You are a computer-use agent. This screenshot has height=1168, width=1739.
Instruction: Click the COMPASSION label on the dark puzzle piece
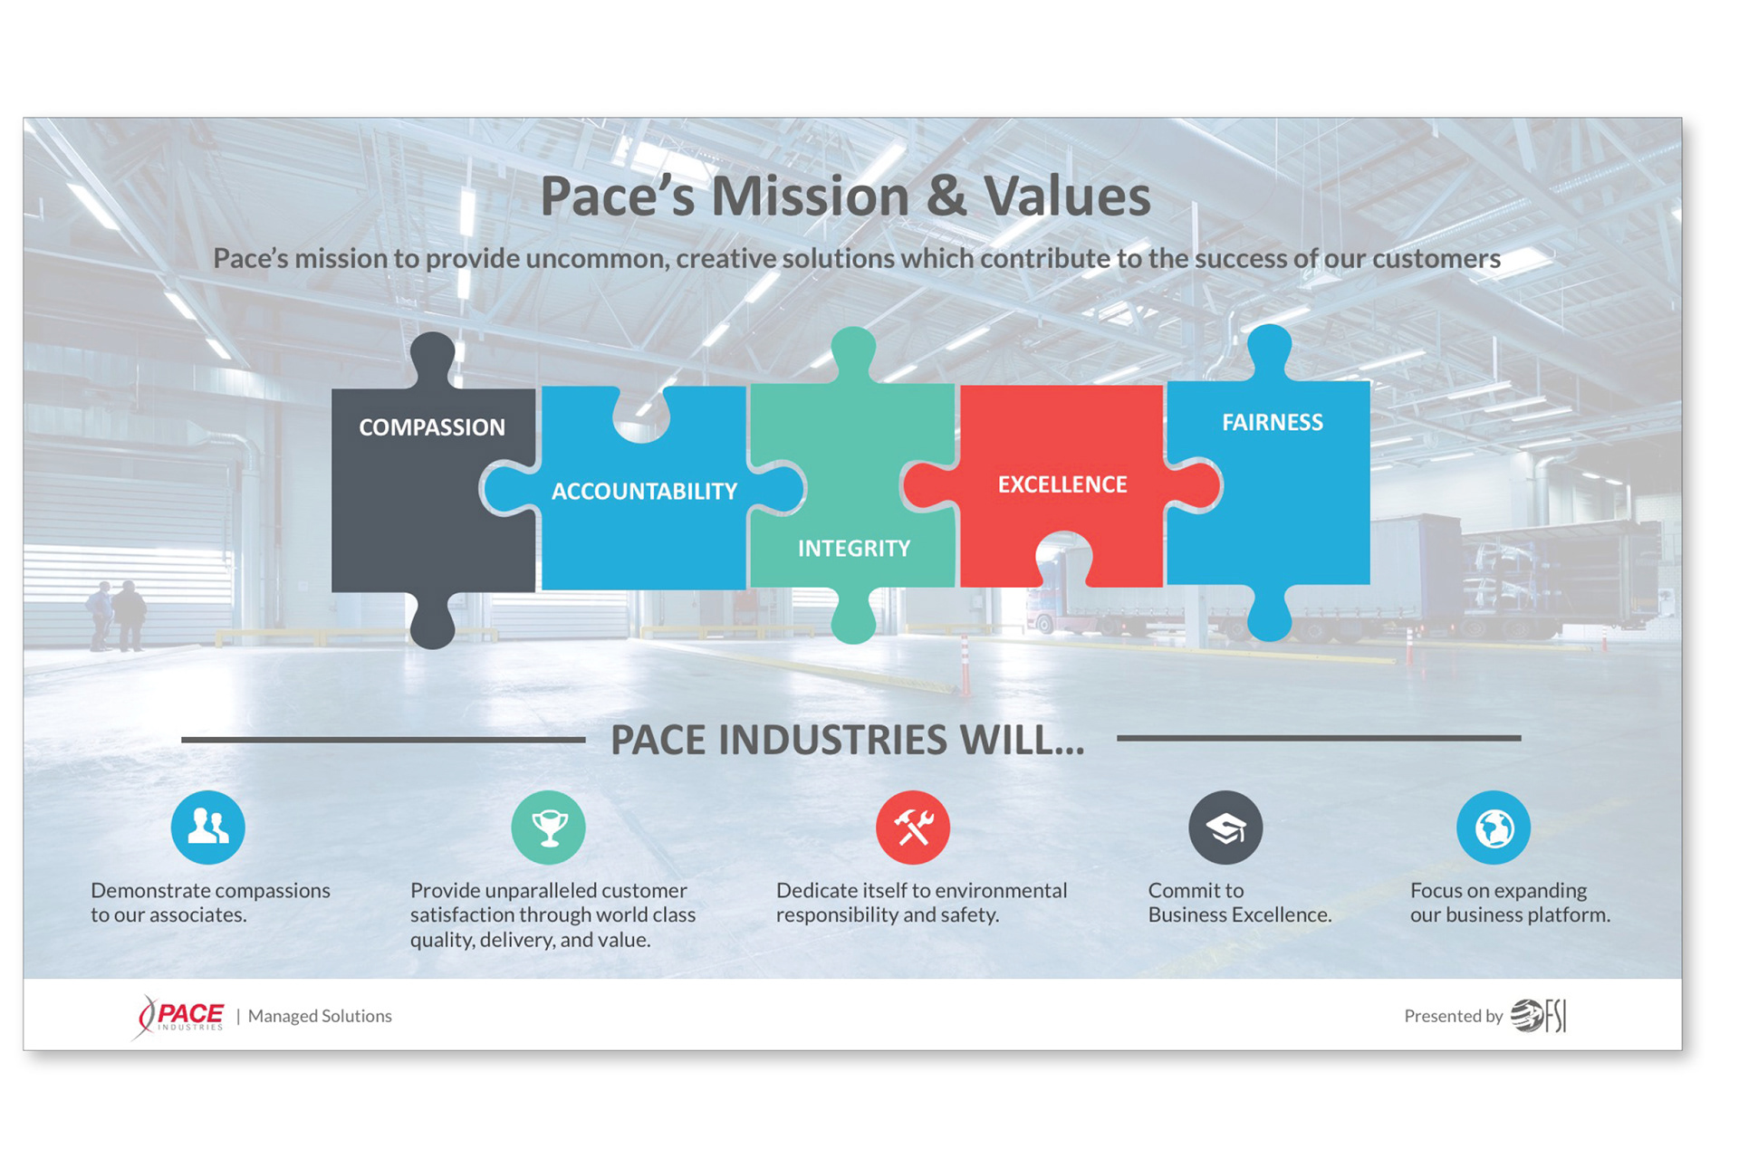point(432,426)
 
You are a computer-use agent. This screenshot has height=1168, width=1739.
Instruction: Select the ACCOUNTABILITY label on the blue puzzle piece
point(644,491)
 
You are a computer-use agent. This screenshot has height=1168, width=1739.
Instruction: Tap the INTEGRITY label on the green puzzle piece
point(853,548)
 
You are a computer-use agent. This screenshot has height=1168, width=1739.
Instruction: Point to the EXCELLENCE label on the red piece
point(1062,484)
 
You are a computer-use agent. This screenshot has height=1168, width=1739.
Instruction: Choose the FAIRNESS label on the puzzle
point(1273,422)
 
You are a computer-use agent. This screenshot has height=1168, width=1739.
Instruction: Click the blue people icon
point(208,828)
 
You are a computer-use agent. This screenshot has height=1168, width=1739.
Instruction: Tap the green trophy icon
point(549,828)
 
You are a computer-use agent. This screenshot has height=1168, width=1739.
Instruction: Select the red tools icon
point(913,828)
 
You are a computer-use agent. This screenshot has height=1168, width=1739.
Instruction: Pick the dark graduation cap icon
point(1225,828)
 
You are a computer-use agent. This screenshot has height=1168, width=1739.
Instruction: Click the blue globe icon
point(1494,828)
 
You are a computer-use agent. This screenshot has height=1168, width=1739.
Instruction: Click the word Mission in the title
point(810,196)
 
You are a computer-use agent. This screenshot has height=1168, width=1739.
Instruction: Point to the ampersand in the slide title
point(946,196)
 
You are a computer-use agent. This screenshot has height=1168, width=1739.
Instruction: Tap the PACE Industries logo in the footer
point(179,1017)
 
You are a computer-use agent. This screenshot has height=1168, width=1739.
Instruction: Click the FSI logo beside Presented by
point(1538,1016)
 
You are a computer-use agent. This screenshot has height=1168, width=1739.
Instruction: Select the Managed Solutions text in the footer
point(320,1016)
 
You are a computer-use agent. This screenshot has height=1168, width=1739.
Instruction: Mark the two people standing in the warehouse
point(116,616)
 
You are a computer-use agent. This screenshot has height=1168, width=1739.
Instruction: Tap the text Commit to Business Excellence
point(1240,903)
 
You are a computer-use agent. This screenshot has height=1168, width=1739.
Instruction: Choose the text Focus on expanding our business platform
point(1510,903)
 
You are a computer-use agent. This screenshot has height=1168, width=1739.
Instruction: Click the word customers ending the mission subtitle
point(1436,259)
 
